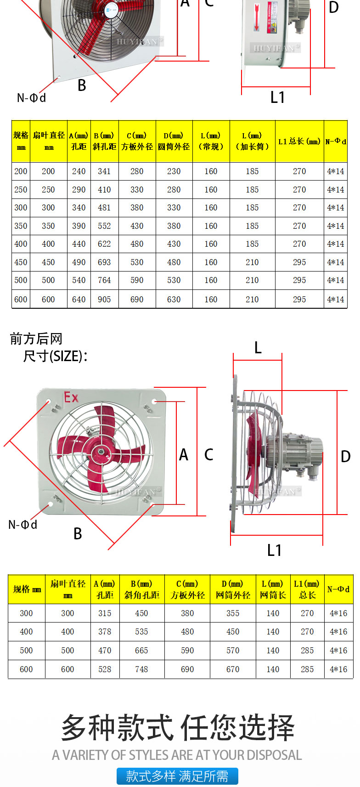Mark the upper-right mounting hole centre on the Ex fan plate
pos(154,401)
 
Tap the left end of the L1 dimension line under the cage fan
pos(231,535)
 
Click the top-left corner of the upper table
pos(11,120)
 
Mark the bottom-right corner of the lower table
pos(353,679)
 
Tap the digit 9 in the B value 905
pos(100,300)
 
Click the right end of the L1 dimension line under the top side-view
pos(310,86)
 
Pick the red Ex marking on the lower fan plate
pos(71,397)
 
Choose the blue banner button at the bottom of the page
pos(177,776)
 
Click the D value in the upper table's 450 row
pos(174,262)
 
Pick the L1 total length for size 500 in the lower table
pos(307,651)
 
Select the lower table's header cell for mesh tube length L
pos(273,589)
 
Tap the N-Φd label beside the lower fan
pos(23,525)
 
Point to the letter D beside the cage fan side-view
pos(346,456)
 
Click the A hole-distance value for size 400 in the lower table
pos(105,631)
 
